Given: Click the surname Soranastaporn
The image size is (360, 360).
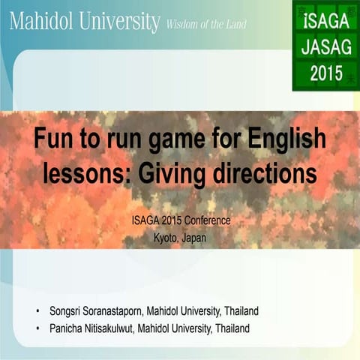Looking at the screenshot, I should tap(116, 310).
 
